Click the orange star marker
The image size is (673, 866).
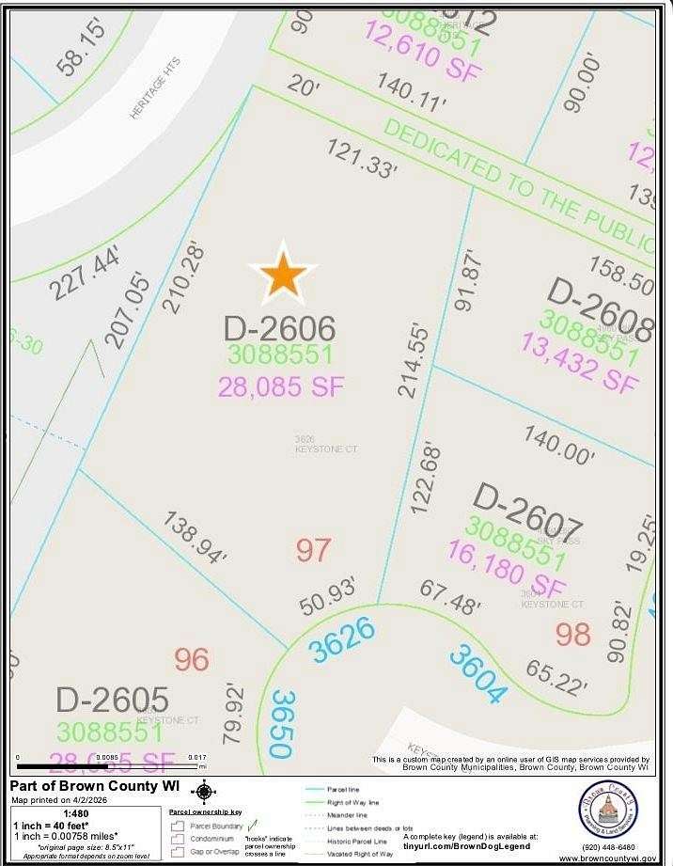tap(283, 274)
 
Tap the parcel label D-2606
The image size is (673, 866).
tap(279, 329)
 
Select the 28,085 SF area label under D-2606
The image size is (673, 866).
tap(281, 386)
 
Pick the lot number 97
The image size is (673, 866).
tap(313, 550)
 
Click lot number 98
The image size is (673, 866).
tap(572, 635)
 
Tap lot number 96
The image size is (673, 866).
tap(191, 659)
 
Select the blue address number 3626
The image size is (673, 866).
tap(342, 640)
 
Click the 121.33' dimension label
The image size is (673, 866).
tap(362, 158)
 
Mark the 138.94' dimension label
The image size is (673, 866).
tap(195, 538)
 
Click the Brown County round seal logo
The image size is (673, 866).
tap(607, 810)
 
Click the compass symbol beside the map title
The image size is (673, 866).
tap(203, 793)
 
